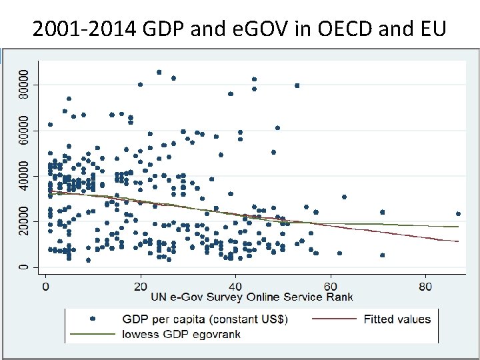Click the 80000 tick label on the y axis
23,84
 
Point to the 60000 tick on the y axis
23,130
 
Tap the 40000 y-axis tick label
23,176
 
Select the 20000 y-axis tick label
23,221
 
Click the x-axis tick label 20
140,285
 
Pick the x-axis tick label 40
235,285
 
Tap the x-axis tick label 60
331,285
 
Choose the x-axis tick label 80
426,285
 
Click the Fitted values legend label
397,319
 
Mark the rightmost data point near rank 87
458,214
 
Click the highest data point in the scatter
159,72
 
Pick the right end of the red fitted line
459,241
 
